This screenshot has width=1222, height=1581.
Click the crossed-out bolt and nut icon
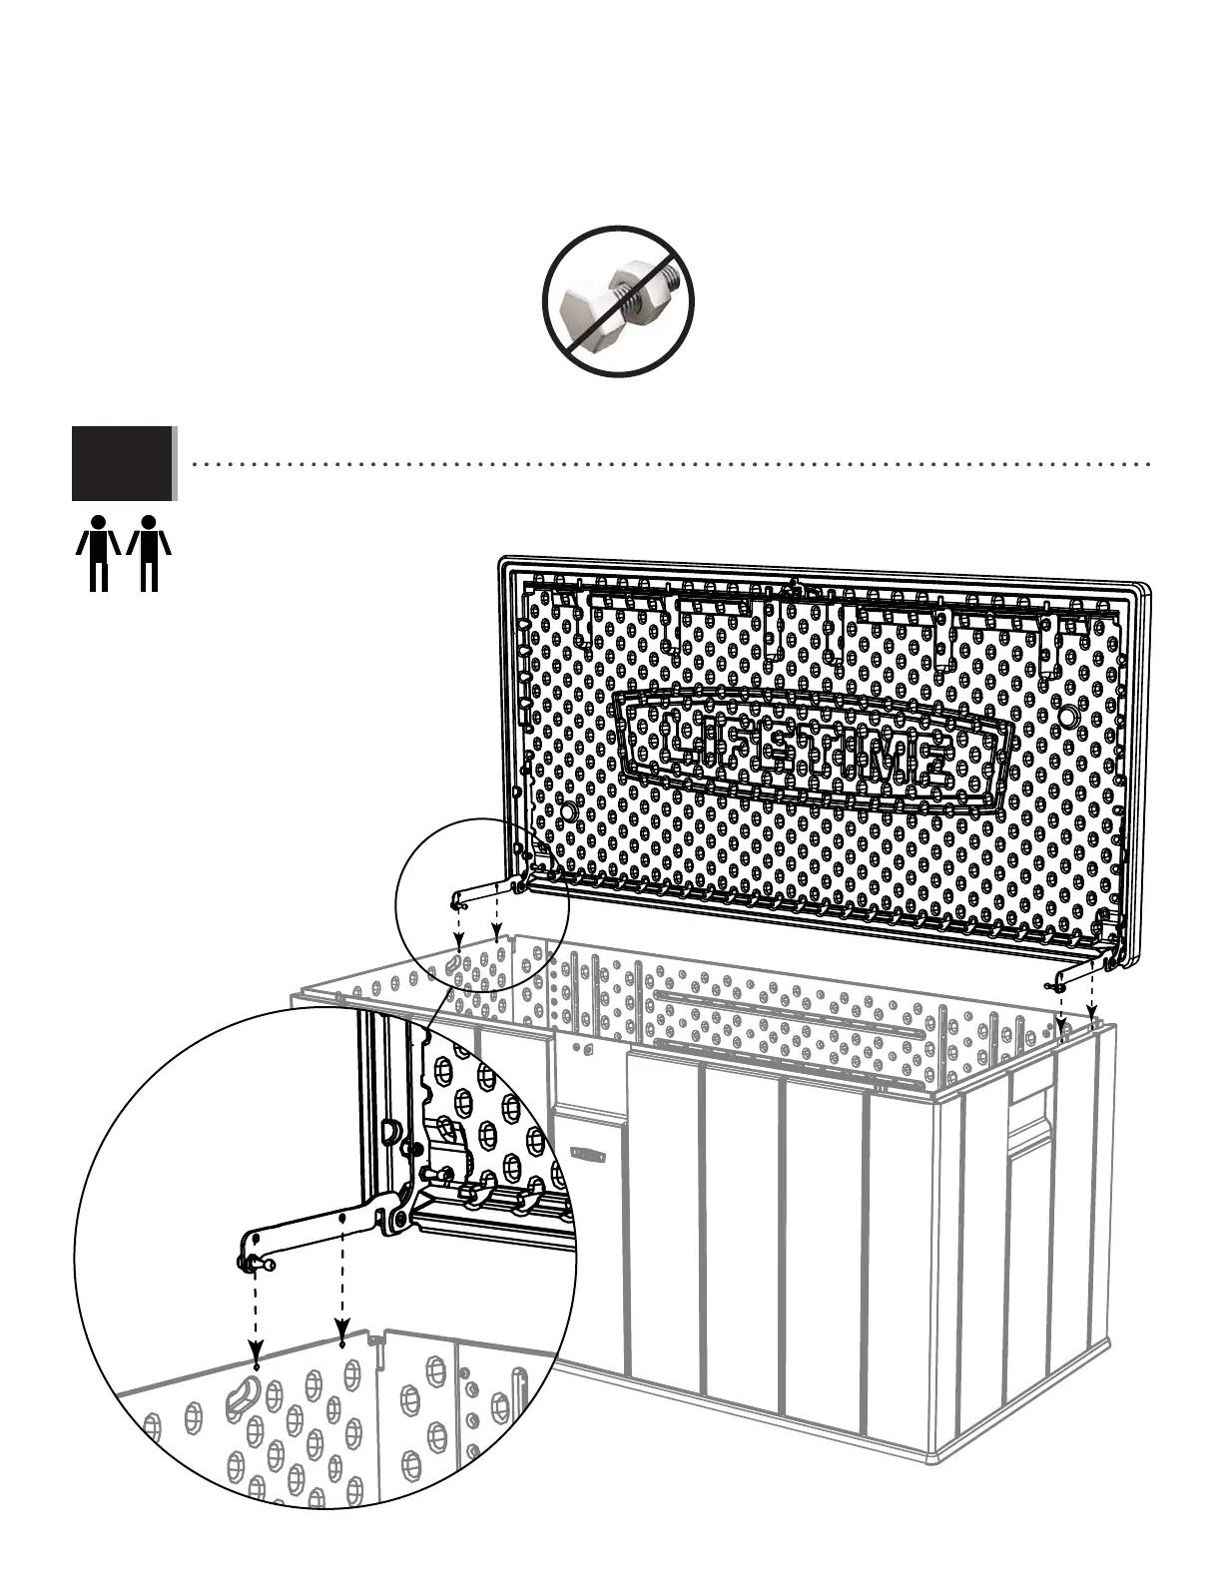click(x=618, y=301)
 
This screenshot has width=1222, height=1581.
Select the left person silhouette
click(x=98, y=552)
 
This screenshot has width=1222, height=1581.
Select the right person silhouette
click(x=149, y=552)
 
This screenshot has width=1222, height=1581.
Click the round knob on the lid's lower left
click(x=567, y=812)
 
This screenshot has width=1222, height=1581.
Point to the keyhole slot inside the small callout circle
click(x=454, y=963)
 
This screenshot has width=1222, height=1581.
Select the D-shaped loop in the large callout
click(x=390, y=1131)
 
